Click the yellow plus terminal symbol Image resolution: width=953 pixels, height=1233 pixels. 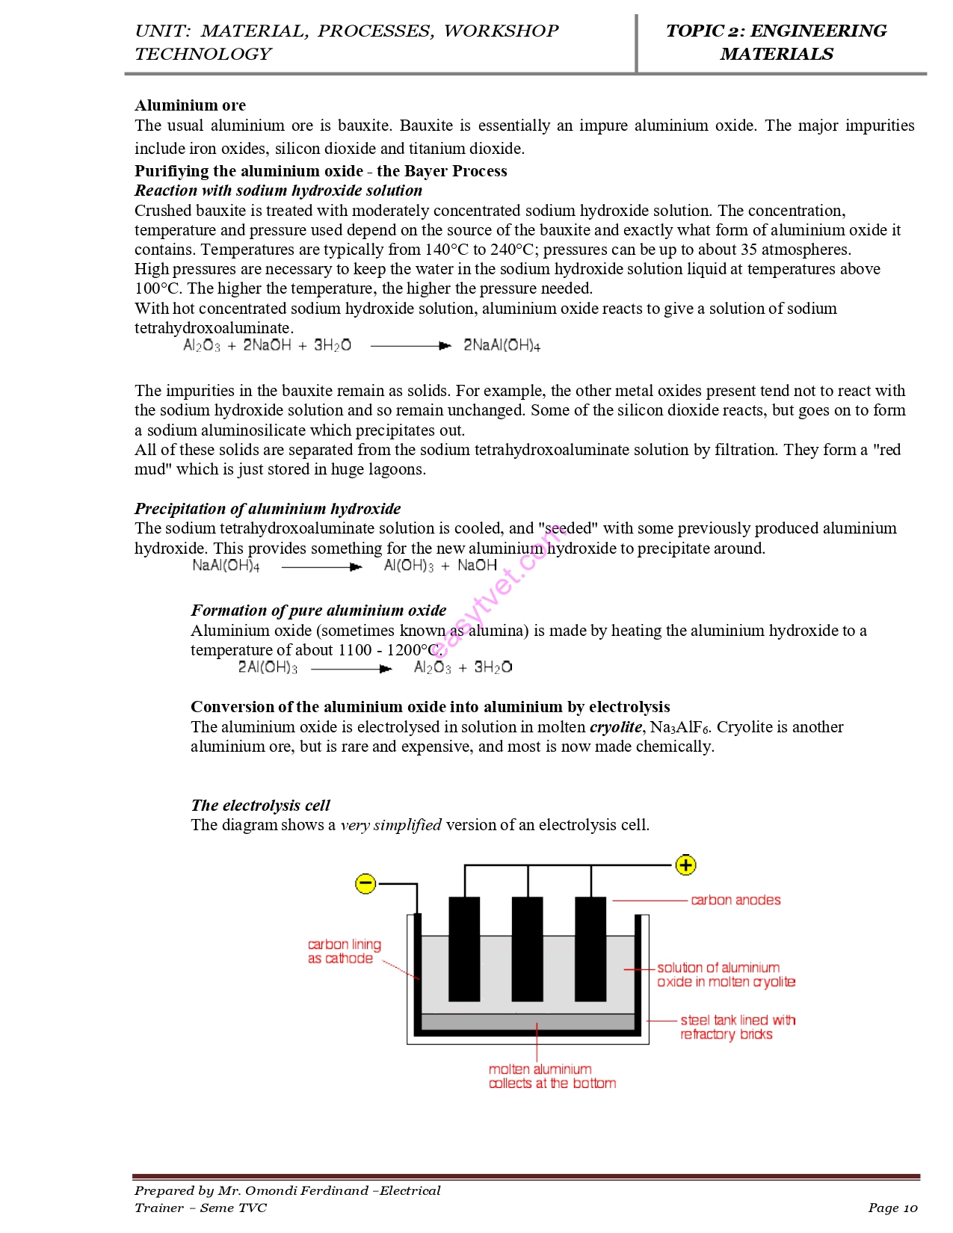(685, 865)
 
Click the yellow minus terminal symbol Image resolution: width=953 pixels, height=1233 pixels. (366, 884)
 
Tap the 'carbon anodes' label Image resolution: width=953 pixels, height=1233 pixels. (735, 900)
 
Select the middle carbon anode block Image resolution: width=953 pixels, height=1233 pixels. (528, 949)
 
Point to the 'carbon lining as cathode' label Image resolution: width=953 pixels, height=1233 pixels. (344, 951)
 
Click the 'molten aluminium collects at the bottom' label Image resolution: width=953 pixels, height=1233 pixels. (552, 1076)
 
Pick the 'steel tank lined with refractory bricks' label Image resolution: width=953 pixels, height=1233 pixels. (737, 1027)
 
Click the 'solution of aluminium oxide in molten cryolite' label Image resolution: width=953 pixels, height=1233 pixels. (725, 974)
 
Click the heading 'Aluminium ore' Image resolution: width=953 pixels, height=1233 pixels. (190, 105)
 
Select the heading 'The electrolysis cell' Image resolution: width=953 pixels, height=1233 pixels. (260, 805)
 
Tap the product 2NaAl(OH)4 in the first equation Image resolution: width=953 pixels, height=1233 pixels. (502, 345)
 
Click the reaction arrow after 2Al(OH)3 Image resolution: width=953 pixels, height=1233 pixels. (351, 669)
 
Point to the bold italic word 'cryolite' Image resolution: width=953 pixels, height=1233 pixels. (615, 727)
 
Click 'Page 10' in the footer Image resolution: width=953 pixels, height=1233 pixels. (892, 1208)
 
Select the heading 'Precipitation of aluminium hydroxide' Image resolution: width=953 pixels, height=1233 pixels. (268, 509)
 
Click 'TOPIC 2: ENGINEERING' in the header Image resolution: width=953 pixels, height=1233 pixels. (776, 31)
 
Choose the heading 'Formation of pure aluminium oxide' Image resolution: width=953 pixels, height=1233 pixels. (318, 611)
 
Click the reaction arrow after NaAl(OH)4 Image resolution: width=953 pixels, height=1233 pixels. (322, 567)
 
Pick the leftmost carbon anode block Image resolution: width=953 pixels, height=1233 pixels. (464, 949)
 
